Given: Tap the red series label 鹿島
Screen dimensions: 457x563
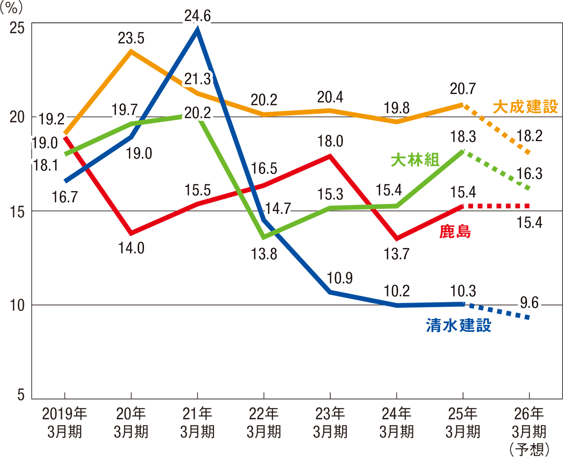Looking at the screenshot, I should pos(455,231).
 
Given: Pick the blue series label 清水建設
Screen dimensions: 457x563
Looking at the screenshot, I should pos(459,326).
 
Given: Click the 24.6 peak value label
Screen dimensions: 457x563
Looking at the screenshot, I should pos(198,17).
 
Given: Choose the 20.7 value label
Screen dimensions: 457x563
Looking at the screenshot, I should pos(462,87).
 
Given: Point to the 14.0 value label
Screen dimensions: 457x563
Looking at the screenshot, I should pos(131,249).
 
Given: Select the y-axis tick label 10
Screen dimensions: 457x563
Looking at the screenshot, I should pos(16,305).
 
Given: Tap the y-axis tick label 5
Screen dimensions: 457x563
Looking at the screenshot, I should pos(20,395).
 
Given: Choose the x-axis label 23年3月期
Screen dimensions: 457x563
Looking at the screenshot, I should pos(330,422).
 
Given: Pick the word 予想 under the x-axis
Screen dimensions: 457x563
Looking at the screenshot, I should pos(529,449).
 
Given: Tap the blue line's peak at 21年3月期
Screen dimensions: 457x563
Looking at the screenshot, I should pos(198,31).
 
